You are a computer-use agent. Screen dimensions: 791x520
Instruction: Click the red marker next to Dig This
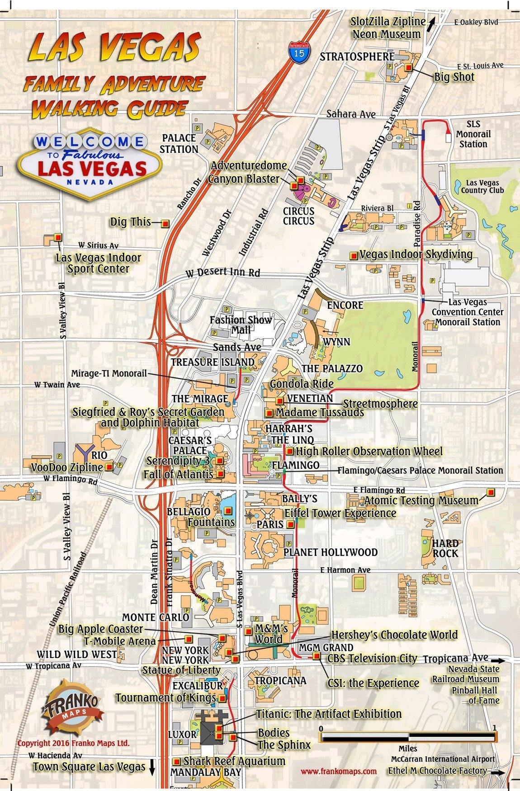coord(165,223)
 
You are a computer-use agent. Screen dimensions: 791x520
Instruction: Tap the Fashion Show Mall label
coord(241,325)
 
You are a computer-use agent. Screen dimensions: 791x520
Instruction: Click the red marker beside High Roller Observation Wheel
coord(289,451)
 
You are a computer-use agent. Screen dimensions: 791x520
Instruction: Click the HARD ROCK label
coord(445,548)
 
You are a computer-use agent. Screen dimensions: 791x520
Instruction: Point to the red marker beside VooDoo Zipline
coord(109,467)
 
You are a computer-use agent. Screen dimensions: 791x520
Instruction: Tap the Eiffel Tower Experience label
coord(340,513)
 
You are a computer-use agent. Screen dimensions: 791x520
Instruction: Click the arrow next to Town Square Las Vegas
coord(151,766)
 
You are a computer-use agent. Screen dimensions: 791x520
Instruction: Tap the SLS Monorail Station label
coord(473,134)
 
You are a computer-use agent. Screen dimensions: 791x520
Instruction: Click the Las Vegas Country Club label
coord(482,187)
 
